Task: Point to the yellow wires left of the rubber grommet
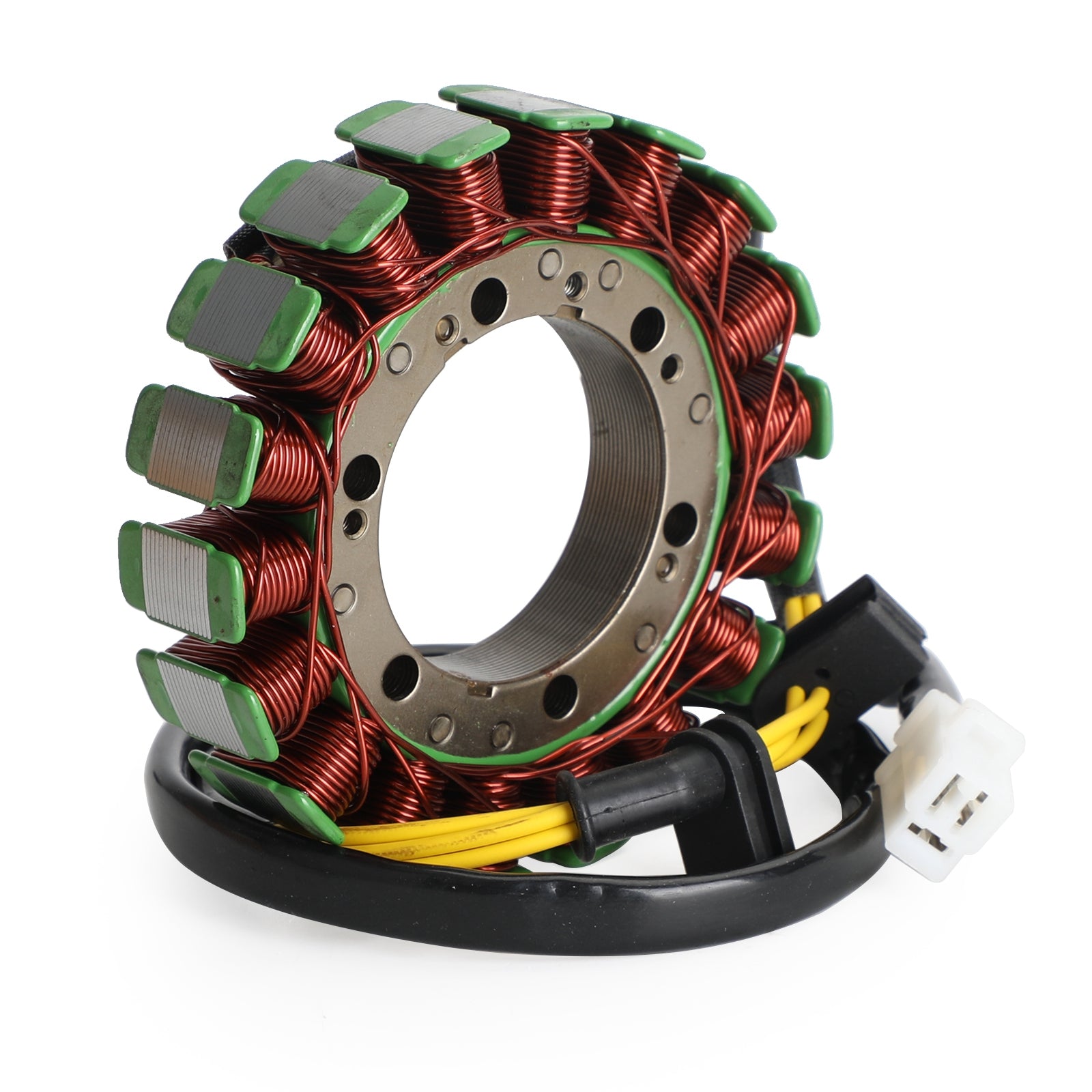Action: coord(444,836)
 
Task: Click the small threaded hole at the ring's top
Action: coord(577,279)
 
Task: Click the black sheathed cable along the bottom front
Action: coord(478,894)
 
